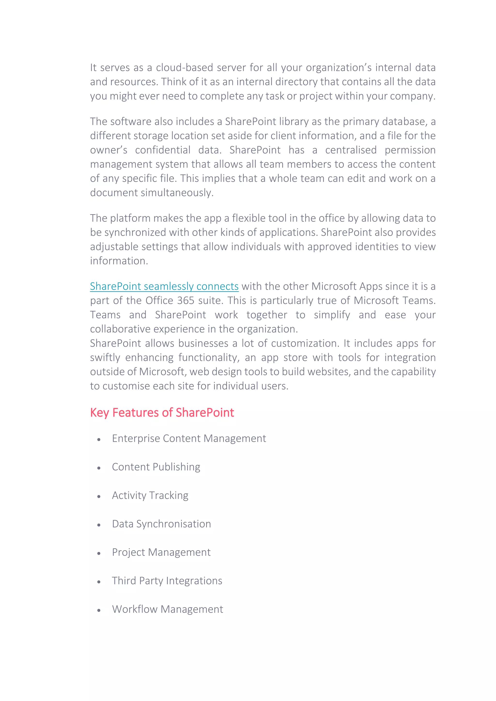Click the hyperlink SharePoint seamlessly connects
click(164, 286)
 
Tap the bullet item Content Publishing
click(156, 467)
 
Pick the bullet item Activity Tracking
click(150, 495)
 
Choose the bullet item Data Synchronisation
click(161, 524)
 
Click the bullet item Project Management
click(161, 552)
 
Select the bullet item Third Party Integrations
click(167, 581)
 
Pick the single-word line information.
click(119, 261)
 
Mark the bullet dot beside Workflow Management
click(99, 610)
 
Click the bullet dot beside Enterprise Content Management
click(99, 440)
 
